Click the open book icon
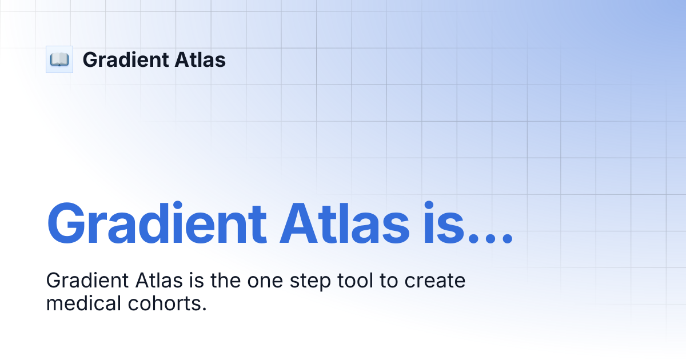click(59, 59)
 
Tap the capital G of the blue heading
click(67, 223)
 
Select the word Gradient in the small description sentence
click(87, 281)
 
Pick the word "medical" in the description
click(79, 303)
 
